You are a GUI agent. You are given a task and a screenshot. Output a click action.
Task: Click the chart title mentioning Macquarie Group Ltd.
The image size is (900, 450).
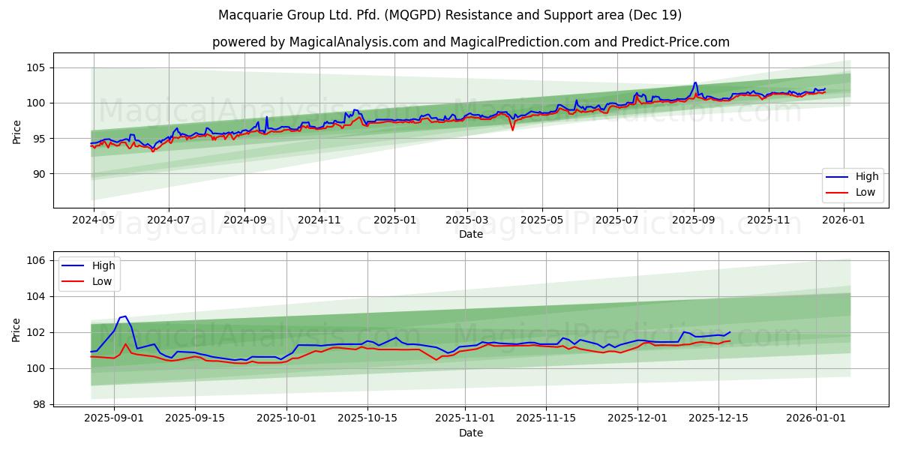click(450, 15)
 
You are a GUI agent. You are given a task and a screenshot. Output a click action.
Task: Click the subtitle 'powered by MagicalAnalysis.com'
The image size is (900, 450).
click(314, 42)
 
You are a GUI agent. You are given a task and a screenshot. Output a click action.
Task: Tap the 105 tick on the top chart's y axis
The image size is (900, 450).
click(37, 67)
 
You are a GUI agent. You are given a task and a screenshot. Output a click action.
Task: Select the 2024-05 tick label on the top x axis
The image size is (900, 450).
click(94, 220)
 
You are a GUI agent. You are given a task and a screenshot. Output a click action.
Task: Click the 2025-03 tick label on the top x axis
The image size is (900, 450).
click(467, 220)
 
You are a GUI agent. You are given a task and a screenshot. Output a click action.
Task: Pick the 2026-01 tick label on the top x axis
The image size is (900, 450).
click(844, 220)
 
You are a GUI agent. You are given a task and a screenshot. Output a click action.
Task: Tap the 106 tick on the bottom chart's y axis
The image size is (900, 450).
click(37, 261)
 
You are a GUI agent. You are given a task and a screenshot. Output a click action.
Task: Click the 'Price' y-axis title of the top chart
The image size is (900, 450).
click(17, 132)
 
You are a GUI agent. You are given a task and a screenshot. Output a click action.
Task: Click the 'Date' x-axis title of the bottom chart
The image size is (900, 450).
click(471, 433)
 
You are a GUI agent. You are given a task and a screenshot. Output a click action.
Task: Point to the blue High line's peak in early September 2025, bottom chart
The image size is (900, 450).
click(125, 316)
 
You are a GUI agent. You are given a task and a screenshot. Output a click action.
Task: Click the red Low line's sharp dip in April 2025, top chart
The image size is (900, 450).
click(513, 130)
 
